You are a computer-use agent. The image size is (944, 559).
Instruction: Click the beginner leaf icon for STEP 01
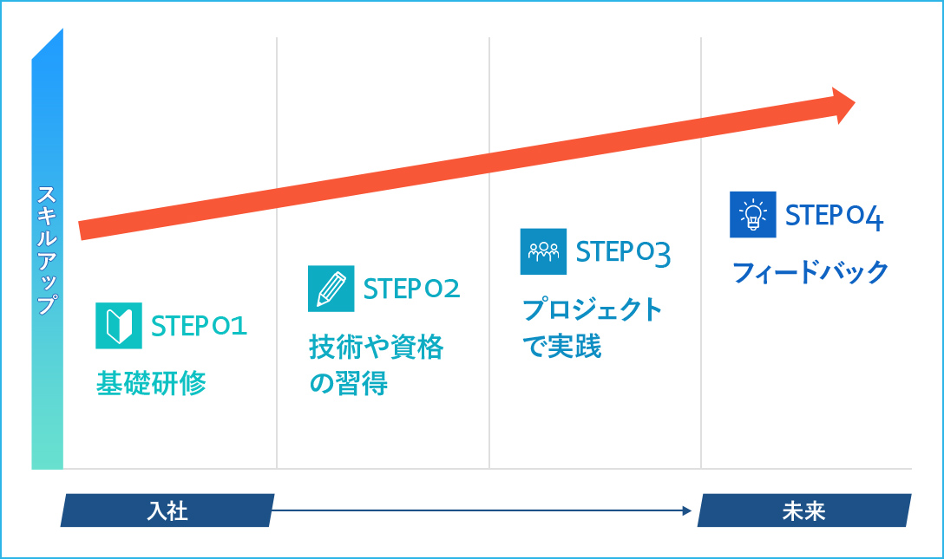click(119, 326)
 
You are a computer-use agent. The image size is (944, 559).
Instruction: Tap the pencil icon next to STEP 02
click(331, 289)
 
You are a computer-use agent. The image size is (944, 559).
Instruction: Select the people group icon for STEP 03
click(543, 251)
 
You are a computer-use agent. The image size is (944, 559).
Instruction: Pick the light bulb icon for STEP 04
click(752, 215)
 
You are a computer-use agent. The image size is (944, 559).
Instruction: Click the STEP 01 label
click(199, 327)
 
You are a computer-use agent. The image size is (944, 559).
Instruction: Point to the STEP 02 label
click(411, 289)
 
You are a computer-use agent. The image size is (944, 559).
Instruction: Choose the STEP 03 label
click(623, 253)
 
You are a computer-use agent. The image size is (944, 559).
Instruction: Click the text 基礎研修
click(151, 383)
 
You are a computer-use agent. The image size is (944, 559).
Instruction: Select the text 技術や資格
click(377, 347)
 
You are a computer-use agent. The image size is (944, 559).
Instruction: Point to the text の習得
click(348, 383)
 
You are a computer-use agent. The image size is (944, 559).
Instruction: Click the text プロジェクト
click(592, 309)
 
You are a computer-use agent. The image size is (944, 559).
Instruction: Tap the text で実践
click(561, 346)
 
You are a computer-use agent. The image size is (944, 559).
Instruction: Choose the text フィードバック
click(810, 271)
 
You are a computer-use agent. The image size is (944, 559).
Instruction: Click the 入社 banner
click(167, 510)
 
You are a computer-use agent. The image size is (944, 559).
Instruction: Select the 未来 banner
click(804, 510)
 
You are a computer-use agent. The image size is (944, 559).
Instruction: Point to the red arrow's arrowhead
click(843, 105)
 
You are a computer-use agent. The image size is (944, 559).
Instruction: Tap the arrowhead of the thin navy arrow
click(687, 511)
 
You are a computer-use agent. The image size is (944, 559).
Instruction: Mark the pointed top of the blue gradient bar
click(62, 29)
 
